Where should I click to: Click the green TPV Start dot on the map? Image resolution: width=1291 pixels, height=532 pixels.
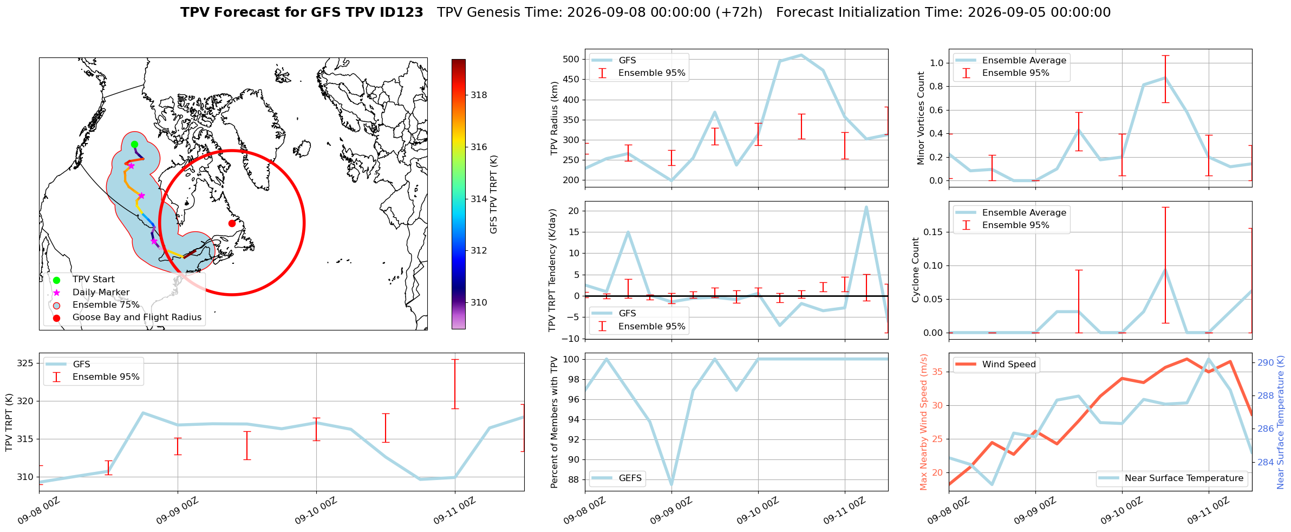click(134, 144)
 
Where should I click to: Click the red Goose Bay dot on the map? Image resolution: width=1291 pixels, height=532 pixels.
click(232, 223)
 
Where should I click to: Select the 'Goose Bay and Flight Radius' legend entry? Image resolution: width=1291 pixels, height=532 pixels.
click(137, 317)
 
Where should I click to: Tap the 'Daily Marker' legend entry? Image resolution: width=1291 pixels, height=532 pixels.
click(101, 293)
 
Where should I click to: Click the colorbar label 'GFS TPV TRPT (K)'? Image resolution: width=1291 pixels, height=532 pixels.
click(493, 194)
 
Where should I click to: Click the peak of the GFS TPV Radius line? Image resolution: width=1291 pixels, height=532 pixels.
click(801, 55)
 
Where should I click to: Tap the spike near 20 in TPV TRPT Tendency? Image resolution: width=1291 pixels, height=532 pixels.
click(866, 207)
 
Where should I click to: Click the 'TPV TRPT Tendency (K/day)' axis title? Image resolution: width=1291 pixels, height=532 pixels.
click(552, 270)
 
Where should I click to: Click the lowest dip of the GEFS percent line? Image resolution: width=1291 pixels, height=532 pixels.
click(671, 485)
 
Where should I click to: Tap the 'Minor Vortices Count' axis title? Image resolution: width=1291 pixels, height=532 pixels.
click(921, 118)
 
